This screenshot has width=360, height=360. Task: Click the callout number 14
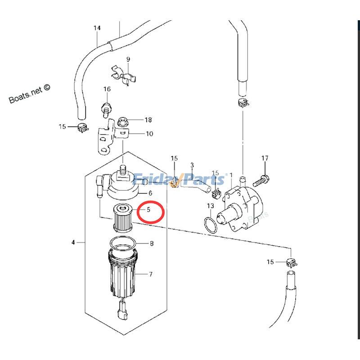(97, 28)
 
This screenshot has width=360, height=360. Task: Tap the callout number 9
(128, 59)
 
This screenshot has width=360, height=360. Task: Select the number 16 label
(107, 89)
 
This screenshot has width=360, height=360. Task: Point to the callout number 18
(148, 120)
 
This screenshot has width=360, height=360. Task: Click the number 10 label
(149, 134)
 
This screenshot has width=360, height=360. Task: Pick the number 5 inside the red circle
(148, 210)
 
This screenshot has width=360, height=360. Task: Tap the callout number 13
(210, 206)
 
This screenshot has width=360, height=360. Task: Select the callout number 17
(265, 158)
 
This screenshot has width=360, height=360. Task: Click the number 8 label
(152, 243)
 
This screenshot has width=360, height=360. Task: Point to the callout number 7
(151, 274)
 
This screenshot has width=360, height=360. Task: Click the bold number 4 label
(73, 242)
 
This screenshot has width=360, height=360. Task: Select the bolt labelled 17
(261, 181)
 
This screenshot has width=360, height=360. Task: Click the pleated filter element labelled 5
(123, 218)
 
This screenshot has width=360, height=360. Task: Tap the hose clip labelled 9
(124, 75)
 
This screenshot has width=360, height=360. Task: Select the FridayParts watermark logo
(179, 180)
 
